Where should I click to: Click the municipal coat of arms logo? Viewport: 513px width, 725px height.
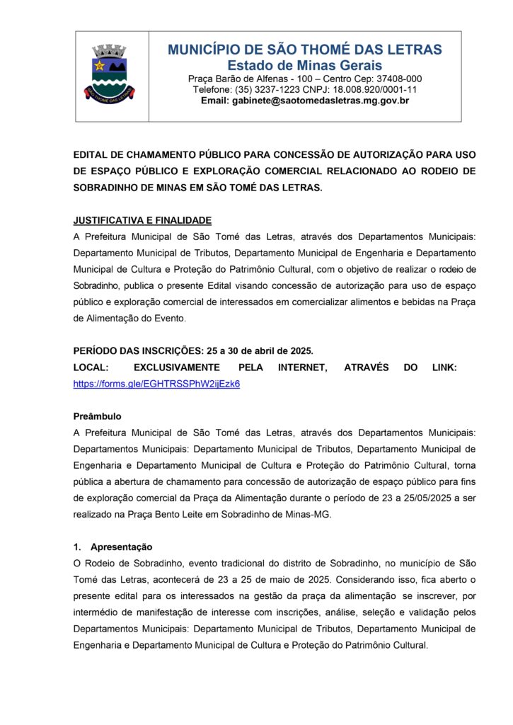pos(110,74)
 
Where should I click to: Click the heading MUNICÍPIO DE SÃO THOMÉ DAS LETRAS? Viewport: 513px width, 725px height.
pos(305,50)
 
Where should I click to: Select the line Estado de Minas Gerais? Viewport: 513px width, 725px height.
pos(305,65)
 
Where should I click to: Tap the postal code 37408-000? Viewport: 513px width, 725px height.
pos(398,79)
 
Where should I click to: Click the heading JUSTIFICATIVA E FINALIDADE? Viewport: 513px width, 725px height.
pos(142,221)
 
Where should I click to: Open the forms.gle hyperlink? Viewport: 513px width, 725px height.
pos(156,383)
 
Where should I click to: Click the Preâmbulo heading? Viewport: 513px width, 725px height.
pos(98,416)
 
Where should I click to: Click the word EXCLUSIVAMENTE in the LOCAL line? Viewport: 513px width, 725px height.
pos(175,367)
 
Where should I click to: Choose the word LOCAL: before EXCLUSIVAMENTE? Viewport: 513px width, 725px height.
pos(91,367)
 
